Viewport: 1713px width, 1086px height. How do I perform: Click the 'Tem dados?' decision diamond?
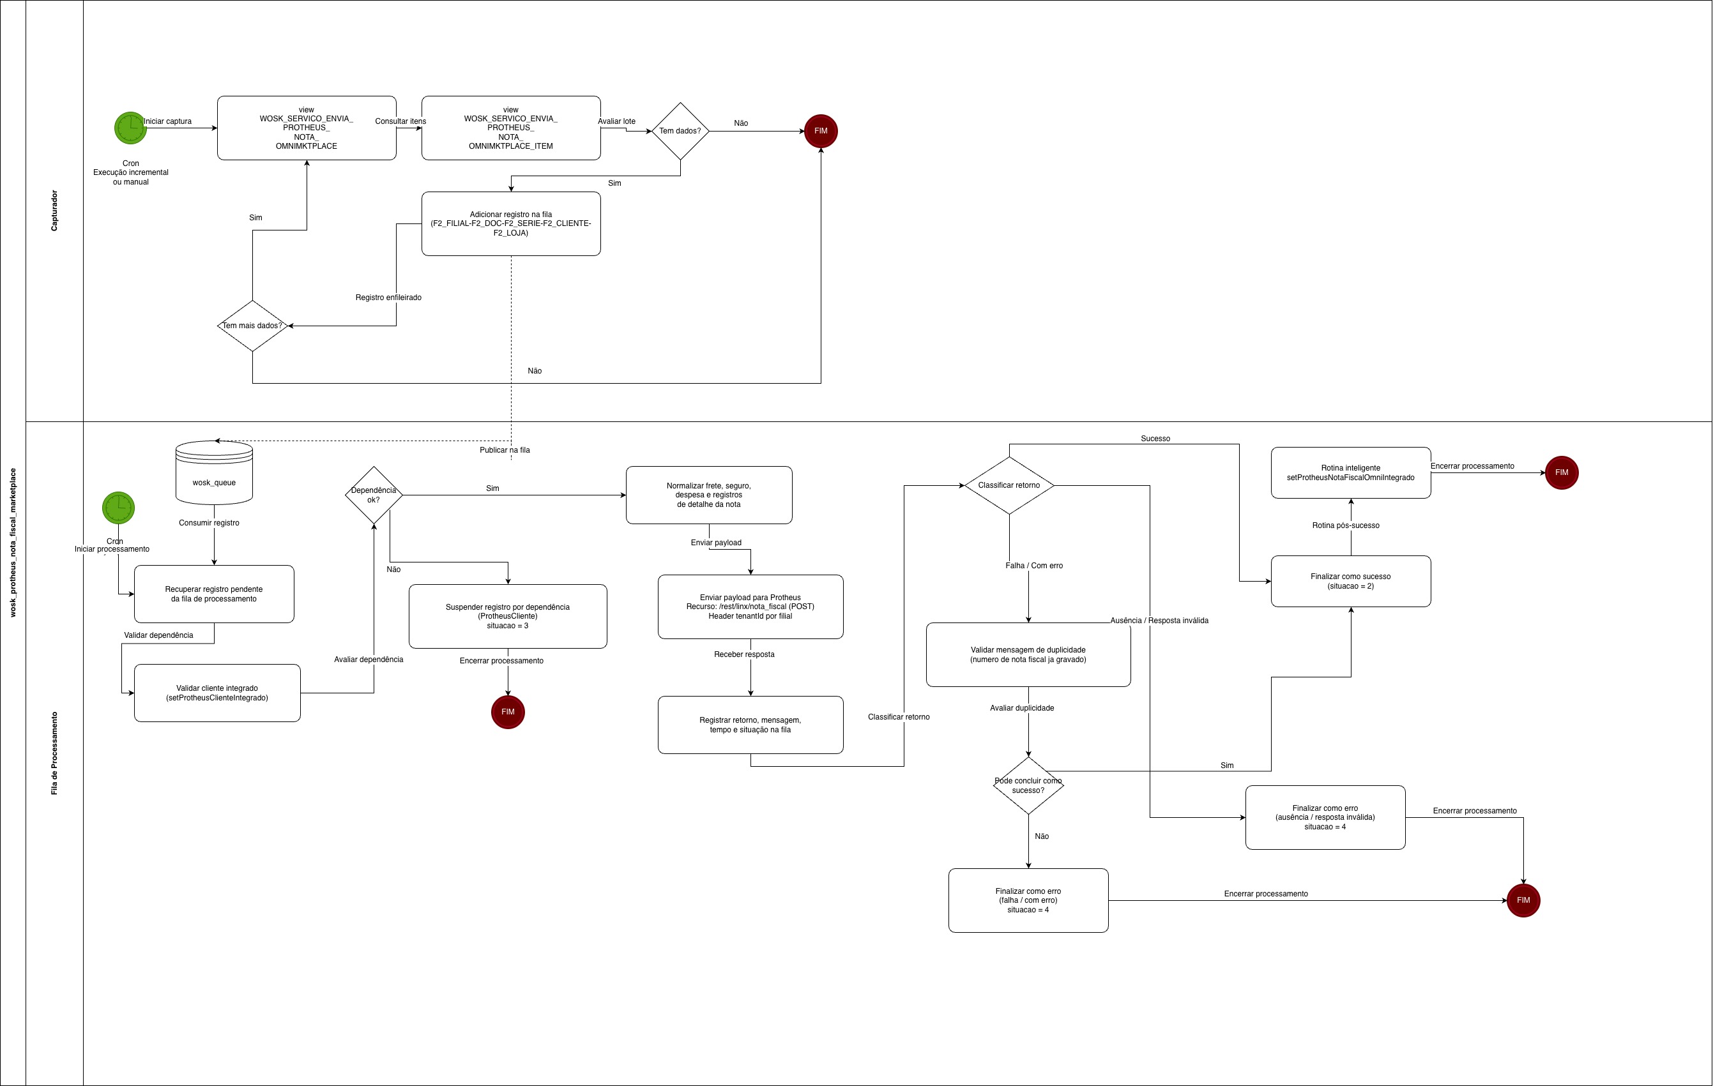pos(680,131)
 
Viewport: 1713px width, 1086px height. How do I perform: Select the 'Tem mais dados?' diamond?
pos(252,326)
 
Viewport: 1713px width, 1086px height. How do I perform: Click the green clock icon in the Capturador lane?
pos(131,128)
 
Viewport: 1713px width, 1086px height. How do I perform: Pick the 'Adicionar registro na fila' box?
pos(511,223)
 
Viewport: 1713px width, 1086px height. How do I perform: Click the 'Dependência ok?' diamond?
pos(374,495)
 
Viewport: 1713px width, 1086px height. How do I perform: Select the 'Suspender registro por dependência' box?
pos(507,616)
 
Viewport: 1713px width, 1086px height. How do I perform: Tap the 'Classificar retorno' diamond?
pos(1009,486)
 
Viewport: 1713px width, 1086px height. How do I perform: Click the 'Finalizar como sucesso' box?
pos(1350,581)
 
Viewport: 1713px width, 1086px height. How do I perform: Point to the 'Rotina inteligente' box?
pos(1350,472)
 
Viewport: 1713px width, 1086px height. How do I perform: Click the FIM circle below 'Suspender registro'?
pos(508,712)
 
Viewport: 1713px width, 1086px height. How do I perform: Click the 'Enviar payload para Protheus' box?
pos(750,607)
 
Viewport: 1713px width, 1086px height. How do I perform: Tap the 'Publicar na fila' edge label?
pos(505,450)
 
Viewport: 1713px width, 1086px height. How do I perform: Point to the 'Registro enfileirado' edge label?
pos(388,298)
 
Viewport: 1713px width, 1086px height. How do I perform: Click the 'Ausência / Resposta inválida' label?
pos(1159,621)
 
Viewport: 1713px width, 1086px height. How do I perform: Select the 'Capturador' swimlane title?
pos(55,211)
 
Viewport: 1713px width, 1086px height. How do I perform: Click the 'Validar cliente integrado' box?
pos(217,693)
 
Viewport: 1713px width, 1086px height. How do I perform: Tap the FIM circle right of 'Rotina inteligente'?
pos(1562,472)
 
